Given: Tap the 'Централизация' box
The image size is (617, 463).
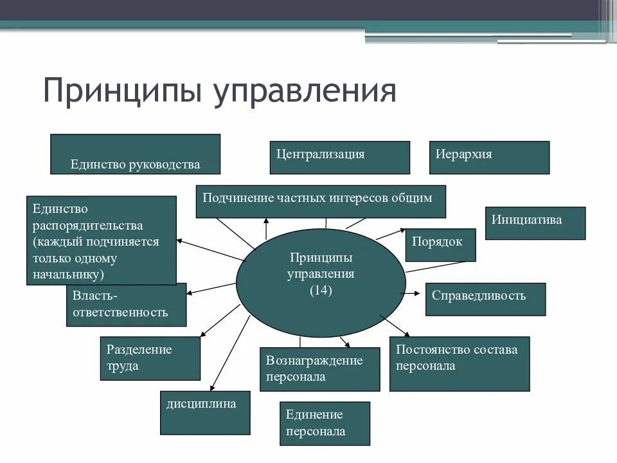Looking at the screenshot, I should pyautogui.click(x=339, y=158).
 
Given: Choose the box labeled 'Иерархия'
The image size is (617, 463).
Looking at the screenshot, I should pyautogui.click(x=489, y=158).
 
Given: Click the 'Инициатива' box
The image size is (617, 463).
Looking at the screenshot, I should pyautogui.click(x=535, y=223).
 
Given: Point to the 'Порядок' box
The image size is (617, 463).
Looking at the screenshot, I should pyautogui.click(x=440, y=245).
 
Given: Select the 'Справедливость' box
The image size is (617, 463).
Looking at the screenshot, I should pyautogui.click(x=485, y=299).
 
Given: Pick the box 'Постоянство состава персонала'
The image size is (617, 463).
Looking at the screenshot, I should pyautogui.click(x=459, y=363).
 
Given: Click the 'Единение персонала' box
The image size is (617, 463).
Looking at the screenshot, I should pyautogui.click(x=325, y=423).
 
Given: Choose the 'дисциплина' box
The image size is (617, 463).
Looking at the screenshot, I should pyautogui.click(x=205, y=412).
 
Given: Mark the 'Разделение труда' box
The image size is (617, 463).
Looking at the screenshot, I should pyautogui.click(x=150, y=358).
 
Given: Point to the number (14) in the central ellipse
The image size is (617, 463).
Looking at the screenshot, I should pyautogui.click(x=321, y=291).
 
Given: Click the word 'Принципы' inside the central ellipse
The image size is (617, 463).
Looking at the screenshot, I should pyautogui.click(x=321, y=258).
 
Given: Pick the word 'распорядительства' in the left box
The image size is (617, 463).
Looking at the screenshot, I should pyautogui.click(x=88, y=226).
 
